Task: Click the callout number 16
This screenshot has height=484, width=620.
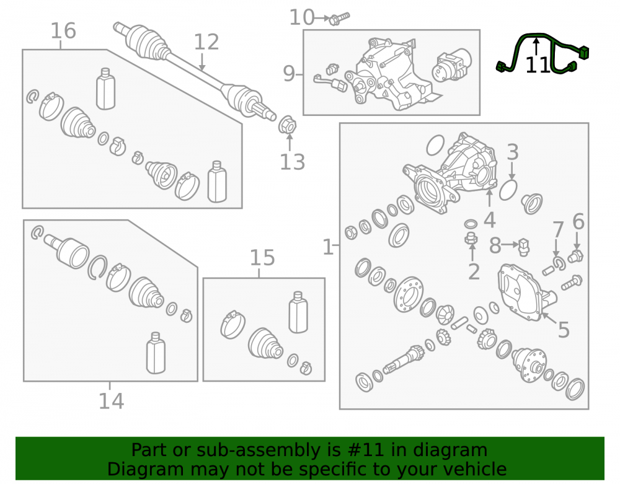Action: tap(63, 31)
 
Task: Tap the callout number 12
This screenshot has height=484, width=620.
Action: tap(206, 42)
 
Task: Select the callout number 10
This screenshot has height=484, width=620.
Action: tap(302, 17)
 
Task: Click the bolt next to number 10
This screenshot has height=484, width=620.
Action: tap(339, 18)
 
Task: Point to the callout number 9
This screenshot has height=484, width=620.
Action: tap(289, 74)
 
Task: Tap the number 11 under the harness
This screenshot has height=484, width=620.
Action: tap(538, 65)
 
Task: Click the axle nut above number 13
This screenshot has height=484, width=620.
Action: tap(288, 125)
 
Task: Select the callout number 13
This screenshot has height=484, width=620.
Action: tap(293, 162)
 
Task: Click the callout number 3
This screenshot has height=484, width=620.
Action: tap(513, 152)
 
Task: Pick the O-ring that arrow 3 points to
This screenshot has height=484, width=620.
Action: tap(508, 190)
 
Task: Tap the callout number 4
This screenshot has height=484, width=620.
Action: tap(490, 219)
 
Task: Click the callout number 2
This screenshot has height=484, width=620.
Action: tap(474, 272)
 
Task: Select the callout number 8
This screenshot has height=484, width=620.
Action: tap(495, 246)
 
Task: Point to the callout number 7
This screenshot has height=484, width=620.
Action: tap(558, 230)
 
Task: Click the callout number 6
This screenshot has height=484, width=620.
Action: tap(578, 222)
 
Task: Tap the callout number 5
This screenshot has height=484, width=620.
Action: tap(564, 330)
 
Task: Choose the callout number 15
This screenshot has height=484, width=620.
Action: tap(262, 258)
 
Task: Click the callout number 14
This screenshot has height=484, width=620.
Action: tap(111, 401)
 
